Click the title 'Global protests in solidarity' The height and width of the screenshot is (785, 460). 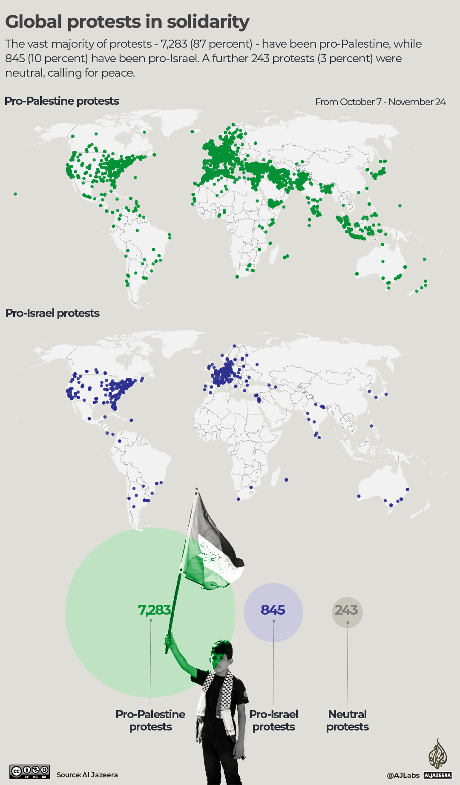tap(127, 22)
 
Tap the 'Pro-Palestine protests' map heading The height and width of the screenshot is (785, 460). tap(62, 101)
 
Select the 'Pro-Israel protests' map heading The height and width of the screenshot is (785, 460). tap(52, 313)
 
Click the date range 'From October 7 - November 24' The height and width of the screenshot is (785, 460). tap(380, 102)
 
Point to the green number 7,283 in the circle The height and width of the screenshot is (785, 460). tap(154, 610)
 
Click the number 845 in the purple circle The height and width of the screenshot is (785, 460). tap(273, 610)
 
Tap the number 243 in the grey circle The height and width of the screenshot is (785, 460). tap(346, 610)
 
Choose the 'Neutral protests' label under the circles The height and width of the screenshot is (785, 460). tap(348, 720)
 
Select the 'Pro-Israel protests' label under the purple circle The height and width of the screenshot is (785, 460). tap(273, 720)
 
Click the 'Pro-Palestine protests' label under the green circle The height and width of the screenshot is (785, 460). tap(150, 720)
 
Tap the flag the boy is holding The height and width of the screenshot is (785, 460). tap(213, 549)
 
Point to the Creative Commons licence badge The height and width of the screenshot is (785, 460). tap(30, 772)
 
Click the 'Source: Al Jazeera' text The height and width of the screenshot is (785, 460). tap(87, 775)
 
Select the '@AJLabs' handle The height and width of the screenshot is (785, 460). tap(403, 775)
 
